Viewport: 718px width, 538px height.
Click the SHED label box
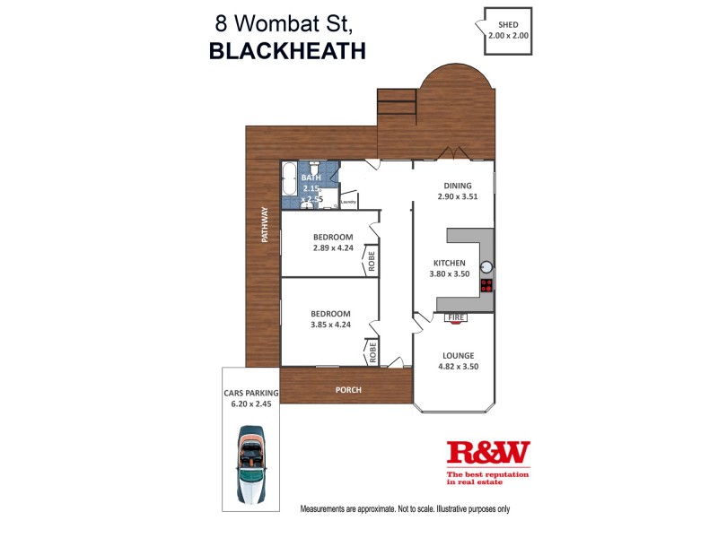point(508,30)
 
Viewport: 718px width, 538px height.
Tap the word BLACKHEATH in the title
point(287,51)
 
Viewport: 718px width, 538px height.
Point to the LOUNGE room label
point(458,361)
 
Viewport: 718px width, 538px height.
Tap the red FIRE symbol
point(456,317)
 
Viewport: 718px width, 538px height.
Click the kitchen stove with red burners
point(486,286)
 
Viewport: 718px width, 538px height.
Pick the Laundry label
point(348,203)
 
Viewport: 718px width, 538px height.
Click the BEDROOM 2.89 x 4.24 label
point(332,242)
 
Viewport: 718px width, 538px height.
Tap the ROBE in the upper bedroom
point(370,261)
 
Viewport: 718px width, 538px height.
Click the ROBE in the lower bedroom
point(370,351)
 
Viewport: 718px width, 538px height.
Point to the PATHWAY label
point(265,225)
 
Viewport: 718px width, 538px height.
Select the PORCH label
point(347,390)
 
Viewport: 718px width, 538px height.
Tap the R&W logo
point(488,453)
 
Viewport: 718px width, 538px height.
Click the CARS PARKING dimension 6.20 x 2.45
point(252,403)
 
